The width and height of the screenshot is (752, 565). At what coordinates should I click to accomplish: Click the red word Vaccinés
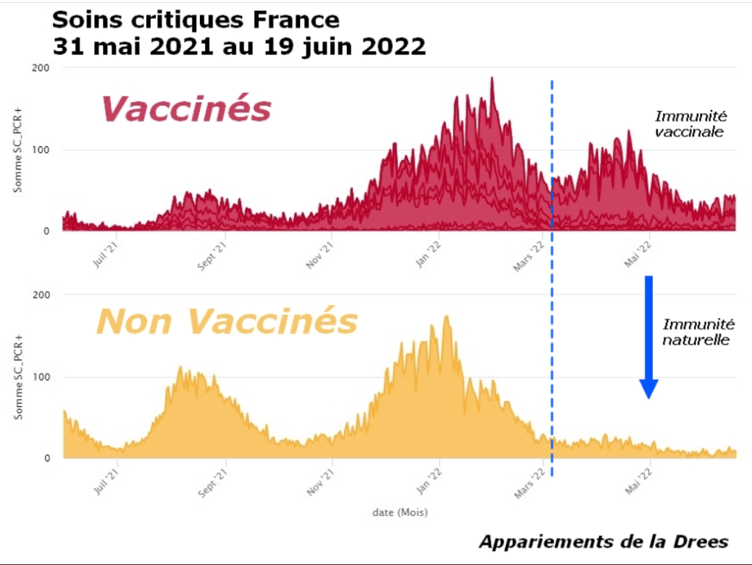pos(186,109)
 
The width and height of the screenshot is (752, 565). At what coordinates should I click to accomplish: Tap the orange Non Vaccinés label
pos(227,321)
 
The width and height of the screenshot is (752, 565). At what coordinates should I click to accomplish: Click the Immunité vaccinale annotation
pos(690,124)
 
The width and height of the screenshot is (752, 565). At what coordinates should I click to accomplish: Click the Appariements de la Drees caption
pos(604,542)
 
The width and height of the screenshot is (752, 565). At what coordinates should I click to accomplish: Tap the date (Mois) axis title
pos(399,512)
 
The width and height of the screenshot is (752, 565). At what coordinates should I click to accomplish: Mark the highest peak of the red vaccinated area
pos(492,79)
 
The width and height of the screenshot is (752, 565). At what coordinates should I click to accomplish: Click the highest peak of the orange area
pos(446,317)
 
